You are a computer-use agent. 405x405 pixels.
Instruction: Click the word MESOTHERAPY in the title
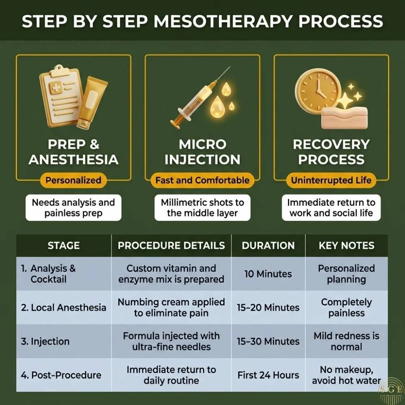(x=222, y=21)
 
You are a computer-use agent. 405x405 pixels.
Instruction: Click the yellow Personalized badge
(x=73, y=180)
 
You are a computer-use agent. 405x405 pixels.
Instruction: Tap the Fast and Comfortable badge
(x=202, y=180)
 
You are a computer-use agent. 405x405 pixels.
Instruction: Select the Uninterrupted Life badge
(x=331, y=180)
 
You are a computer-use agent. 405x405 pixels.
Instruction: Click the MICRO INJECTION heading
(x=202, y=151)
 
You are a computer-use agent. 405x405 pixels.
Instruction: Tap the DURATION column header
(x=268, y=245)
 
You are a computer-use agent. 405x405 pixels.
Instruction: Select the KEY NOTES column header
(x=347, y=245)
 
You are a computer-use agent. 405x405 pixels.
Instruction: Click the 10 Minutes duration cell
(x=268, y=274)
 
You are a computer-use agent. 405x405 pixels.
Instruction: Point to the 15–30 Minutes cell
(x=268, y=341)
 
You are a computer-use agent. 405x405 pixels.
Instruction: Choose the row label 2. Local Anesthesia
(x=64, y=307)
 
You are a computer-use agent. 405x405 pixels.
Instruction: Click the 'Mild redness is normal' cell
(x=347, y=341)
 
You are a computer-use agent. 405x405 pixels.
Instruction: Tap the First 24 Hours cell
(x=268, y=375)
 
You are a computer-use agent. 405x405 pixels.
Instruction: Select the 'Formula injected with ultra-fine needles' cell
(x=171, y=341)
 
